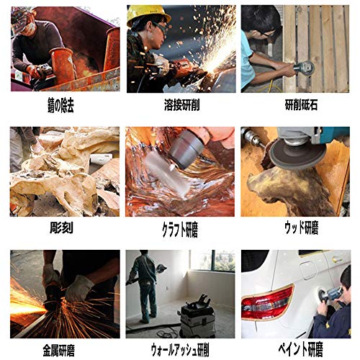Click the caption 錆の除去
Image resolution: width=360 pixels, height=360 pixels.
pos(60,105)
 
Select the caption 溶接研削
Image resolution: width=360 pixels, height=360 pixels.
pos(181,104)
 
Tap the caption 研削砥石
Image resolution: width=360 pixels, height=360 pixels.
pos(301,104)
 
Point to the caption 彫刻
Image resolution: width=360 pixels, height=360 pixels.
pos(61,228)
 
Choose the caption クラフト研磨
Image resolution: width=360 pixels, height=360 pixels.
pos(180,230)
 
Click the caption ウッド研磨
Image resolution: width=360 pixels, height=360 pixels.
pos(302,228)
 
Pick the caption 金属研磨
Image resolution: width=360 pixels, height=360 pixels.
pos(59,350)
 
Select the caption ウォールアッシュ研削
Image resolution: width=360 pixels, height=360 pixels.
pos(180,350)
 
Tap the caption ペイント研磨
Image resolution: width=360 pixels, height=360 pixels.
pos(300,349)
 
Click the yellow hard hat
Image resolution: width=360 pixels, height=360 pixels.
pos(147,14)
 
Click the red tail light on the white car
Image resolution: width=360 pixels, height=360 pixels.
pos(268,302)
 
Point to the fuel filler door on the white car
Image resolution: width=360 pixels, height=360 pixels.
pos(309,270)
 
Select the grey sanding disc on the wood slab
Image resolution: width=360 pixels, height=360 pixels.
pos(297,154)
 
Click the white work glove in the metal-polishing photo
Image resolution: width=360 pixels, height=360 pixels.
pos(78,287)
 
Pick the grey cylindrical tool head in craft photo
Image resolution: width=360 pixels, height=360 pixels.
pos(186,149)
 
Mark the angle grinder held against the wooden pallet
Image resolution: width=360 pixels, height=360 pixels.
pos(304,68)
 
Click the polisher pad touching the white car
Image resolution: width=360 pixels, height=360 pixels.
pos(322,295)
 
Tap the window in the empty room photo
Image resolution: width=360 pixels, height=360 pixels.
pos(212,261)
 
